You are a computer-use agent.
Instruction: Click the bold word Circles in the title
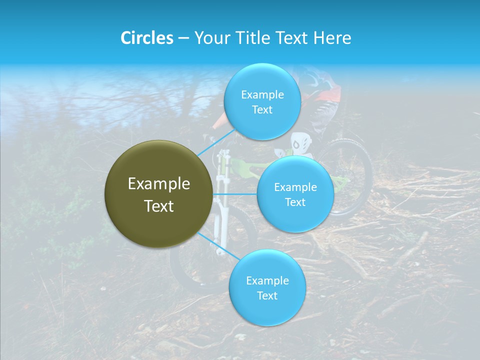(147, 38)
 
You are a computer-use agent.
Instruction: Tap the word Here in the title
(332, 38)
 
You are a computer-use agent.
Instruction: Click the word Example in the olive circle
(159, 184)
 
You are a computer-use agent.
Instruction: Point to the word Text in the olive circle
(159, 206)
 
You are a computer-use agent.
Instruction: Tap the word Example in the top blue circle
(262, 95)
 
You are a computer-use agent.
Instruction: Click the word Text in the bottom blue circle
(267, 295)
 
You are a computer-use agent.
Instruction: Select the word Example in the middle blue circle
(295, 187)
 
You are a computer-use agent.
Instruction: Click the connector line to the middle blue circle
(234, 194)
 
